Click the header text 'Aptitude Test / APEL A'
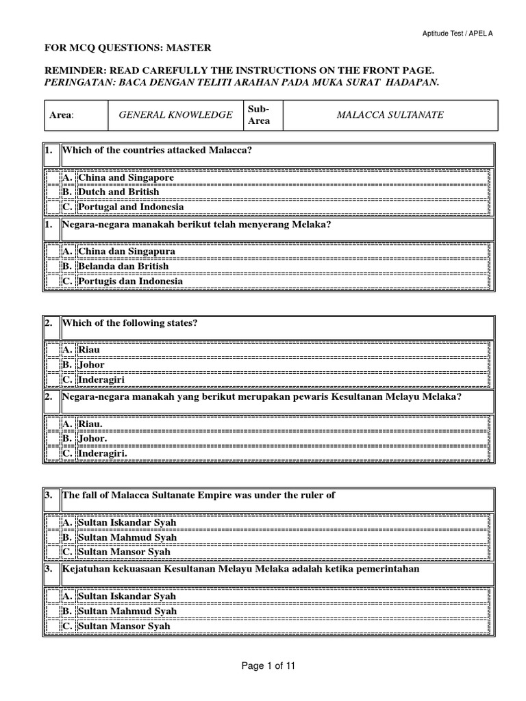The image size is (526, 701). tap(473, 32)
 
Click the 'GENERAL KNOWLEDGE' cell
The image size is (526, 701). tap(175, 114)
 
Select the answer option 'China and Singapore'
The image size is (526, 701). tap(126, 177)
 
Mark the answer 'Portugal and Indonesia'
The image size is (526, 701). tap(131, 207)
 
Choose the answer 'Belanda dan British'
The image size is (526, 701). tap(123, 266)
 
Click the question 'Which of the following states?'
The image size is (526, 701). tap(129, 322)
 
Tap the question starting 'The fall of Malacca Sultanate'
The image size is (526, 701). tap(199, 495)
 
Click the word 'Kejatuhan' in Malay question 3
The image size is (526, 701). tap(86, 569)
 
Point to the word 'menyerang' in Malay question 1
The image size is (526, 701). tap(258, 224)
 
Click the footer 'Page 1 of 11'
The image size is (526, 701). tap(263, 665)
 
